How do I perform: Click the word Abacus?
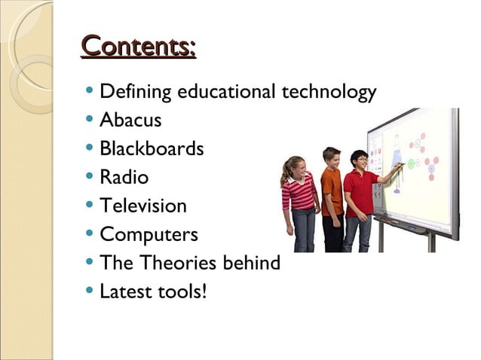[130, 120]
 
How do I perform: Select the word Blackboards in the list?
[152, 148]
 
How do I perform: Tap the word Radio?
[124, 177]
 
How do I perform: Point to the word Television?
[142, 206]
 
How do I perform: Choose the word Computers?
[149, 234]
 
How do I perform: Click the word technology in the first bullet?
[328, 93]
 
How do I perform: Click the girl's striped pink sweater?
[300, 194]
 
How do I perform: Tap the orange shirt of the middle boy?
[331, 191]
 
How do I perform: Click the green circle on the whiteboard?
[412, 163]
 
